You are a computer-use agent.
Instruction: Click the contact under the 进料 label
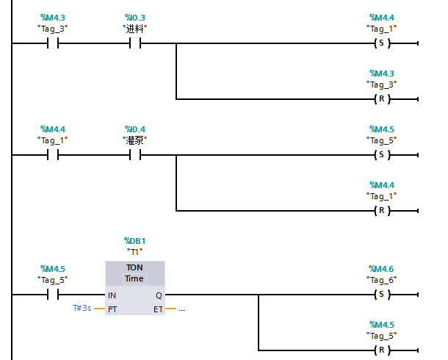pyautogui.click(x=135, y=43)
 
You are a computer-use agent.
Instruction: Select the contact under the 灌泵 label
pyautogui.click(x=135, y=155)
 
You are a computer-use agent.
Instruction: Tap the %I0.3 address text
pyautogui.click(x=135, y=17)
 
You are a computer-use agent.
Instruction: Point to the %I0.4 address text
pyautogui.click(x=135, y=129)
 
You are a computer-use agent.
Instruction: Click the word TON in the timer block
pyautogui.click(x=134, y=268)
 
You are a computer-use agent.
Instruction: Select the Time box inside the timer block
pyautogui.click(x=134, y=278)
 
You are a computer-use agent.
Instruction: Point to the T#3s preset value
pyautogui.click(x=82, y=309)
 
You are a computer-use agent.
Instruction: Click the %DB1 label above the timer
pyautogui.click(x=135, y=240)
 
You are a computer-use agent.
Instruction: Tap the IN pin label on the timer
pyautogui.click(x=112, y=295)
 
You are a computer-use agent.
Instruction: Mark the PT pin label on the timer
pyautogui.click(x=112, y=309)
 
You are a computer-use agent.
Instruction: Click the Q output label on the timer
pyautogui.click(x=159, y=295)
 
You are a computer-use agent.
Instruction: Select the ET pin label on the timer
pyautogui.click(x=158, y=309)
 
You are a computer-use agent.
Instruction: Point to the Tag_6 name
pyautogui.click(x=381, y=280)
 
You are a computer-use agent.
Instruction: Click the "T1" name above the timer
pyautogui.click(x=135, y=251)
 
